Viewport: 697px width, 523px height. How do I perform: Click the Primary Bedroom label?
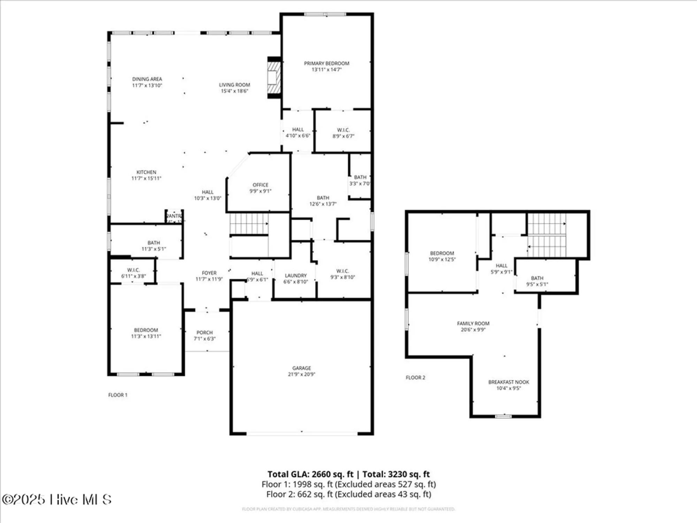(x=327, y=63)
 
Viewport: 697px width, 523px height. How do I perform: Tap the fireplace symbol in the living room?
(x=274, y=77)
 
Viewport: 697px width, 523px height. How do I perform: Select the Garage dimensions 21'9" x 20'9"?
(x=301, y=374)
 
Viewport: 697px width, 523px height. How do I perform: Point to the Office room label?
(x=260, y=185)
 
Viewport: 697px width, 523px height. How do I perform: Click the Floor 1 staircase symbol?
(x=248, y=223)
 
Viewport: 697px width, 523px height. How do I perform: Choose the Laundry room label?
(x=296, y=275)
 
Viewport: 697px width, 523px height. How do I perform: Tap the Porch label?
(x=205, y=333)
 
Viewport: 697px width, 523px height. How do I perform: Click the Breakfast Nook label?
(x=508, y=382)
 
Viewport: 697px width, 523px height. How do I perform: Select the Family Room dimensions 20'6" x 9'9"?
(x=473, y=329)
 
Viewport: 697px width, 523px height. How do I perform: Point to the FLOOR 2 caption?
(x=415, y=378)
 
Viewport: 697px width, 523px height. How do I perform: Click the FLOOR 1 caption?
(x=118, y=395)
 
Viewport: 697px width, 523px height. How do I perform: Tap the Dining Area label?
(x=147, y=79)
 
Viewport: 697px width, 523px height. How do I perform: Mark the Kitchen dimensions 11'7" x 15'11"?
(x=146, y=179)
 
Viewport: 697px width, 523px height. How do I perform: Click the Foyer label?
(x=209, y=273)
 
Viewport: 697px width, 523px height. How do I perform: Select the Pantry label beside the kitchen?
(x=174, y=216)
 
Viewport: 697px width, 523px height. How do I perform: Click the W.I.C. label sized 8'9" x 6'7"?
(x=343, y=130)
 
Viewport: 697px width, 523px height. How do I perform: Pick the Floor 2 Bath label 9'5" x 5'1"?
(x=537, y=278)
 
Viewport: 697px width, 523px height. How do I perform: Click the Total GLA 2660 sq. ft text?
(x=310, y=474)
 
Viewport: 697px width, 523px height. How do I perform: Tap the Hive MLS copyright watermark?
(x=57, y=500)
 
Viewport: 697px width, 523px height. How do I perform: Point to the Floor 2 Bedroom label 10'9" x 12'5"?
(x=442, y=253)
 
